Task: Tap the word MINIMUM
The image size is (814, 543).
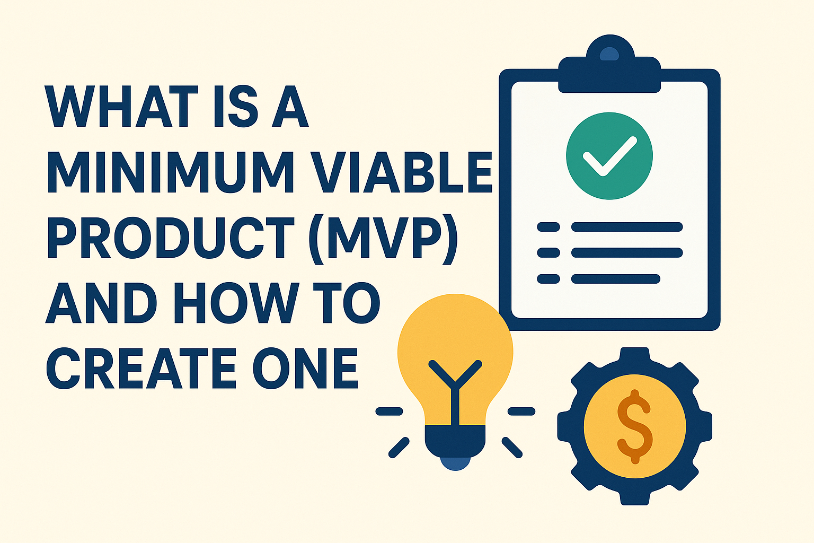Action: tap(171, 172)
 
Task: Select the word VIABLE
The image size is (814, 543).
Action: tap(402, 172)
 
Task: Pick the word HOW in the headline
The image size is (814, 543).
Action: tap(236, 303)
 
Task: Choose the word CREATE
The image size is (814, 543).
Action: tap(141, 368)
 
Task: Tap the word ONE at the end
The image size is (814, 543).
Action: tap(306, 368)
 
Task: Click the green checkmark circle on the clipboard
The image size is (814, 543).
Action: tap(609, 156)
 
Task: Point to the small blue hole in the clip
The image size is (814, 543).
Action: tap(609, 54)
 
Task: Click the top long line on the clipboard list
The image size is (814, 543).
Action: tap(627, 227)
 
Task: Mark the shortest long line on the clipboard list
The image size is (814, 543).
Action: tap(616, 279)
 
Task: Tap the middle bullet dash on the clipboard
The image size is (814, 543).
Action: tap(548, 252)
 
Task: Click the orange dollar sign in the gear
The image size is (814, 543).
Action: tap(634, 427)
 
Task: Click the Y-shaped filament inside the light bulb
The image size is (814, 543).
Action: tap(455, 393)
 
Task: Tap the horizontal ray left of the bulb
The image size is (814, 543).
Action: tap(389, 411)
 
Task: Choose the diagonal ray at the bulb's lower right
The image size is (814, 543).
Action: tap(512, 448)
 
